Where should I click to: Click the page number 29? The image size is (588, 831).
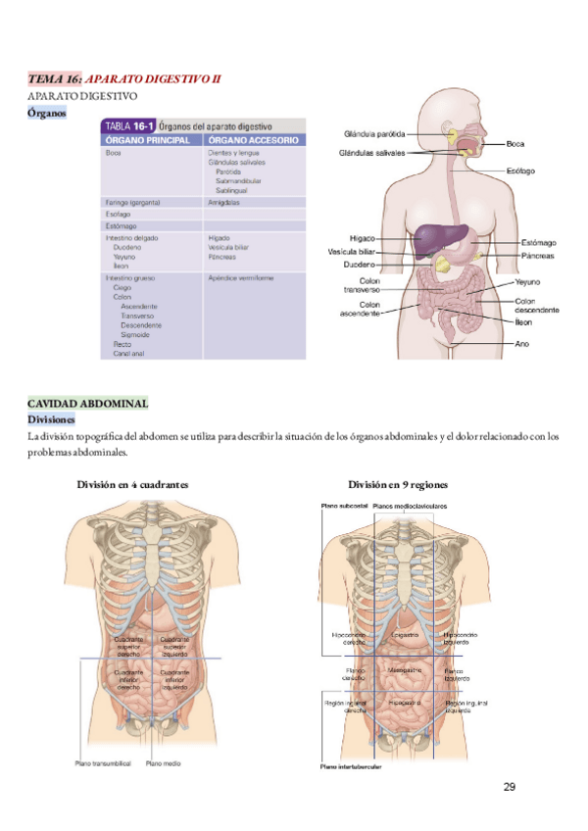[x=509, y=786]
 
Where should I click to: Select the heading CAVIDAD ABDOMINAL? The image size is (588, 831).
[x=87, y=404]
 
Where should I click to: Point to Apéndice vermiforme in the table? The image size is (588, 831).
[x=240, y=278]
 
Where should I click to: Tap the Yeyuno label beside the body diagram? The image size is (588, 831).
[x=528, y=281]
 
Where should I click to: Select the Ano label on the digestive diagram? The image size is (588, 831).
[x=522, y=344]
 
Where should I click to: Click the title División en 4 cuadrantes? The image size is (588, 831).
[x=132, y=485]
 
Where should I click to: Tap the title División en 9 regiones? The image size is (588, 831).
[x=397, y=485]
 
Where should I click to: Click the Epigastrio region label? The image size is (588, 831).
[x=405, y=635]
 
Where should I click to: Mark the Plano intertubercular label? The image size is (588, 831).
[x=351, y=767]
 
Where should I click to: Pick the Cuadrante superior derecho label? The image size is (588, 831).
[x=128, y=644]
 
